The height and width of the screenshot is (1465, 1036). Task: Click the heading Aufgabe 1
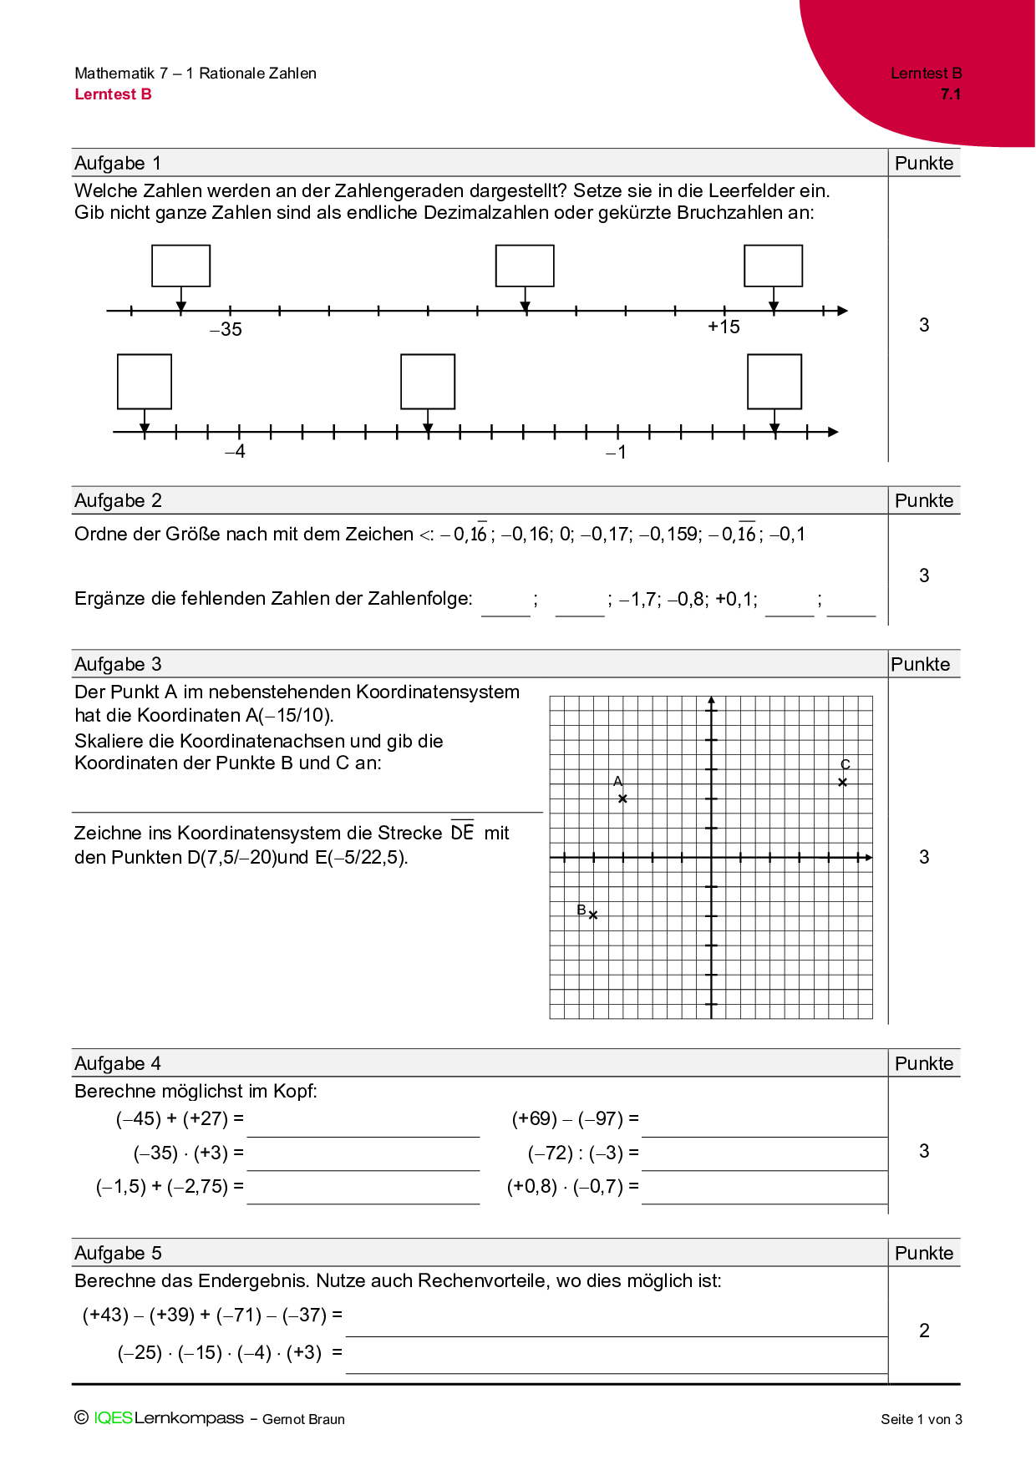click(118, 163)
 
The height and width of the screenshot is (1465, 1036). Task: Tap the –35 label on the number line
click(226, 329)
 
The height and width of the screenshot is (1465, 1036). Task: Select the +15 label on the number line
click(724, 327)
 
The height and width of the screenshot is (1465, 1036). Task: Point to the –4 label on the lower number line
click(235, 452)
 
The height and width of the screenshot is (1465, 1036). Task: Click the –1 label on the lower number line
click(616, 453)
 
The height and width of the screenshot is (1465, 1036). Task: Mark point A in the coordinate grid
click(622, 798)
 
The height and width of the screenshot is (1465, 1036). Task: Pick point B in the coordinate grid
click(593, 915)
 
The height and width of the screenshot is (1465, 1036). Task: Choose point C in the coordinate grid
click(843, 783)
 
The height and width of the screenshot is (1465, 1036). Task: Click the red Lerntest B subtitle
click(113, 94)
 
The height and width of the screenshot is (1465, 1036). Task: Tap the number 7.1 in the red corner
click(951, 94)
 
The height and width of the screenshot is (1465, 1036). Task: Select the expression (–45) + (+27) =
click(180, 1118)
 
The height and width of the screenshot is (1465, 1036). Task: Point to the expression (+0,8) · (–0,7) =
click(573, 1186)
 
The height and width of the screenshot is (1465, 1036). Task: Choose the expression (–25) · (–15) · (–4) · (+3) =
click(230, 1352)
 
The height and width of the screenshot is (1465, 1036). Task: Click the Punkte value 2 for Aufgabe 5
click(924, 1331)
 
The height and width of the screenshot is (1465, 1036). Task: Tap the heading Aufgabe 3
click(118, 664)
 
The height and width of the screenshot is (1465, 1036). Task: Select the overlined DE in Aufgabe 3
click(462, 832)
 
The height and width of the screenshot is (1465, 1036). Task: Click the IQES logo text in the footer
click(113, 1417)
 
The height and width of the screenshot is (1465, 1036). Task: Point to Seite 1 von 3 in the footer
click(921, 1419)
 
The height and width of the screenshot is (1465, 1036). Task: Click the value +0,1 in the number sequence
click(735, 599)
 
